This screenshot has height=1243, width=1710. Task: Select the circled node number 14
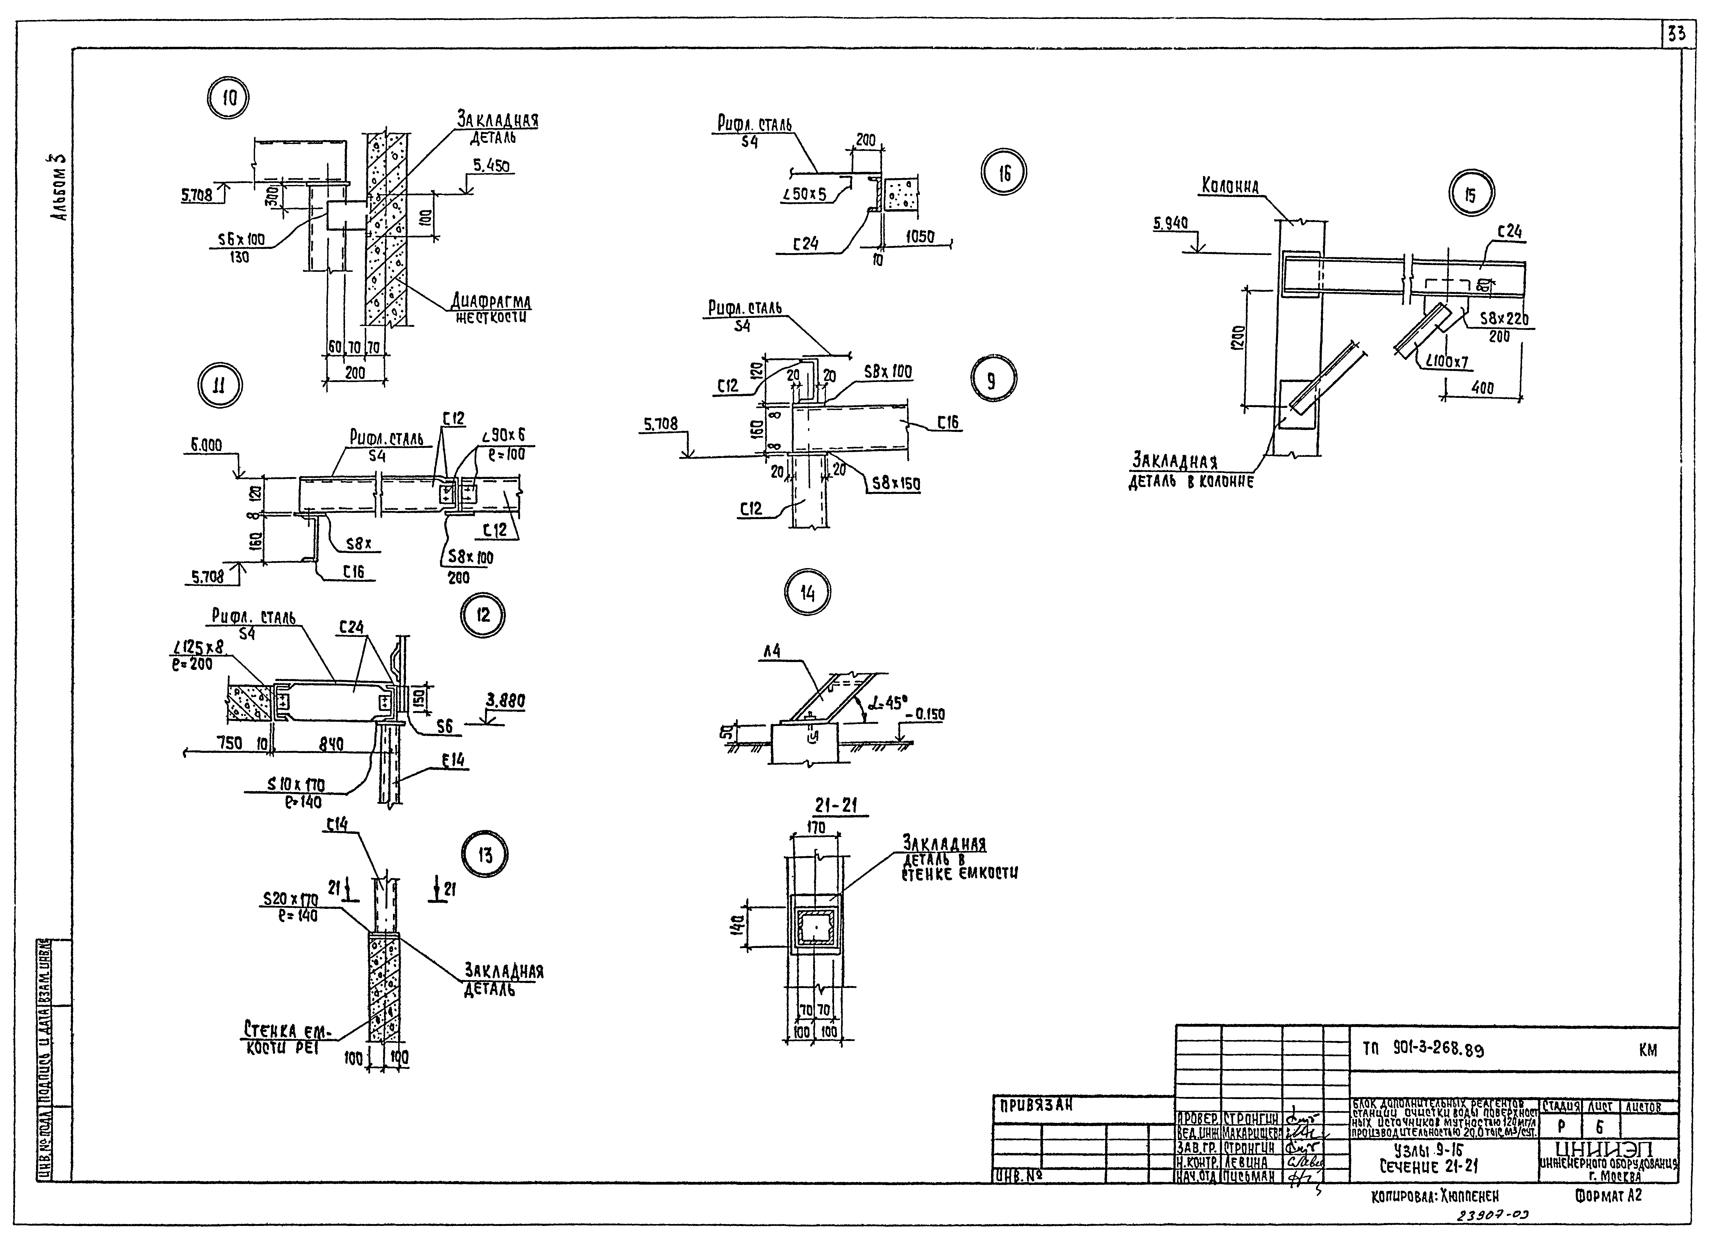pos(807,593)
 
